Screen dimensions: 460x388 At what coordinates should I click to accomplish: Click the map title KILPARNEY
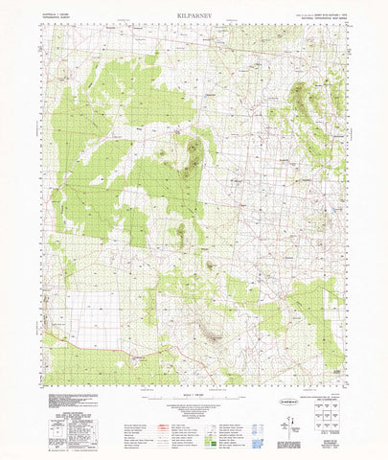[x=194, y=16]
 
